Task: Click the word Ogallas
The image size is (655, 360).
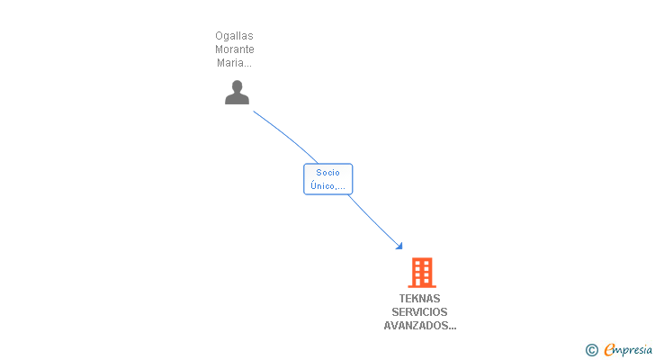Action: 234,36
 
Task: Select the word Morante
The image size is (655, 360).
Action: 234,49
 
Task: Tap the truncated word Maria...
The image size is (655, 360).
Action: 232,63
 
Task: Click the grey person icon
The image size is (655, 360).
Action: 237,92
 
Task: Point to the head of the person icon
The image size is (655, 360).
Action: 237,86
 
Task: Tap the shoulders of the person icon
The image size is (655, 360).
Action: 237,99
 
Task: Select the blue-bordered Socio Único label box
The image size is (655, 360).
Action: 327,179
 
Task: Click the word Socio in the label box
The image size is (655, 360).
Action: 327,173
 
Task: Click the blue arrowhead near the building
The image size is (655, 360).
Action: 399,246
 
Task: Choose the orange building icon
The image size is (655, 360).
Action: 421,272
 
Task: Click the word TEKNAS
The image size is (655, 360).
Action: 420,299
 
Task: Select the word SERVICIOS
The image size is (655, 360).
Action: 420,312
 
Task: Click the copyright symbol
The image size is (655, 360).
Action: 591,350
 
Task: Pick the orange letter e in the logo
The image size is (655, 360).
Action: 609,350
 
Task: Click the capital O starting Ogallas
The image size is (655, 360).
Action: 220,36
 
